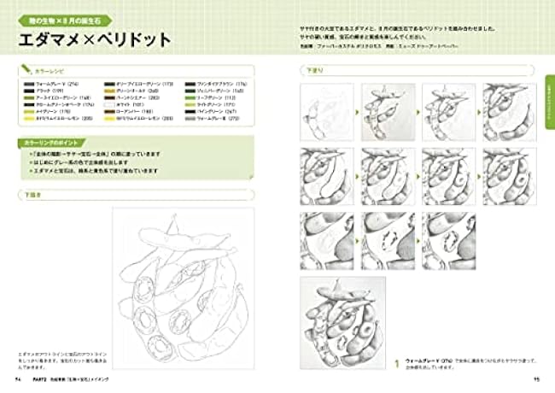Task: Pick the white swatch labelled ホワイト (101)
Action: tap(109, 104)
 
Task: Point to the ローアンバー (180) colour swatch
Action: tap(109, 111)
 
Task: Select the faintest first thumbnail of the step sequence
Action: tap(326, 112)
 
